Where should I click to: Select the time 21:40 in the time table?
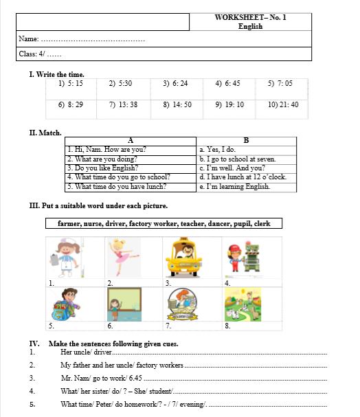pos(283,105)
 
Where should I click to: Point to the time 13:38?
pos(123,105)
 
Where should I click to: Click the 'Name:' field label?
pos(29,40)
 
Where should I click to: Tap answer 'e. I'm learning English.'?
pos(234,186)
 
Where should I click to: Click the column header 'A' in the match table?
pos(131,141)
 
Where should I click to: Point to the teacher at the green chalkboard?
pos(124,304)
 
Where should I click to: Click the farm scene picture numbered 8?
pos(242,304)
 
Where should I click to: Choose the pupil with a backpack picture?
pos(66,304)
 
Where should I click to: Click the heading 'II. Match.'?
pos(45,133)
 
